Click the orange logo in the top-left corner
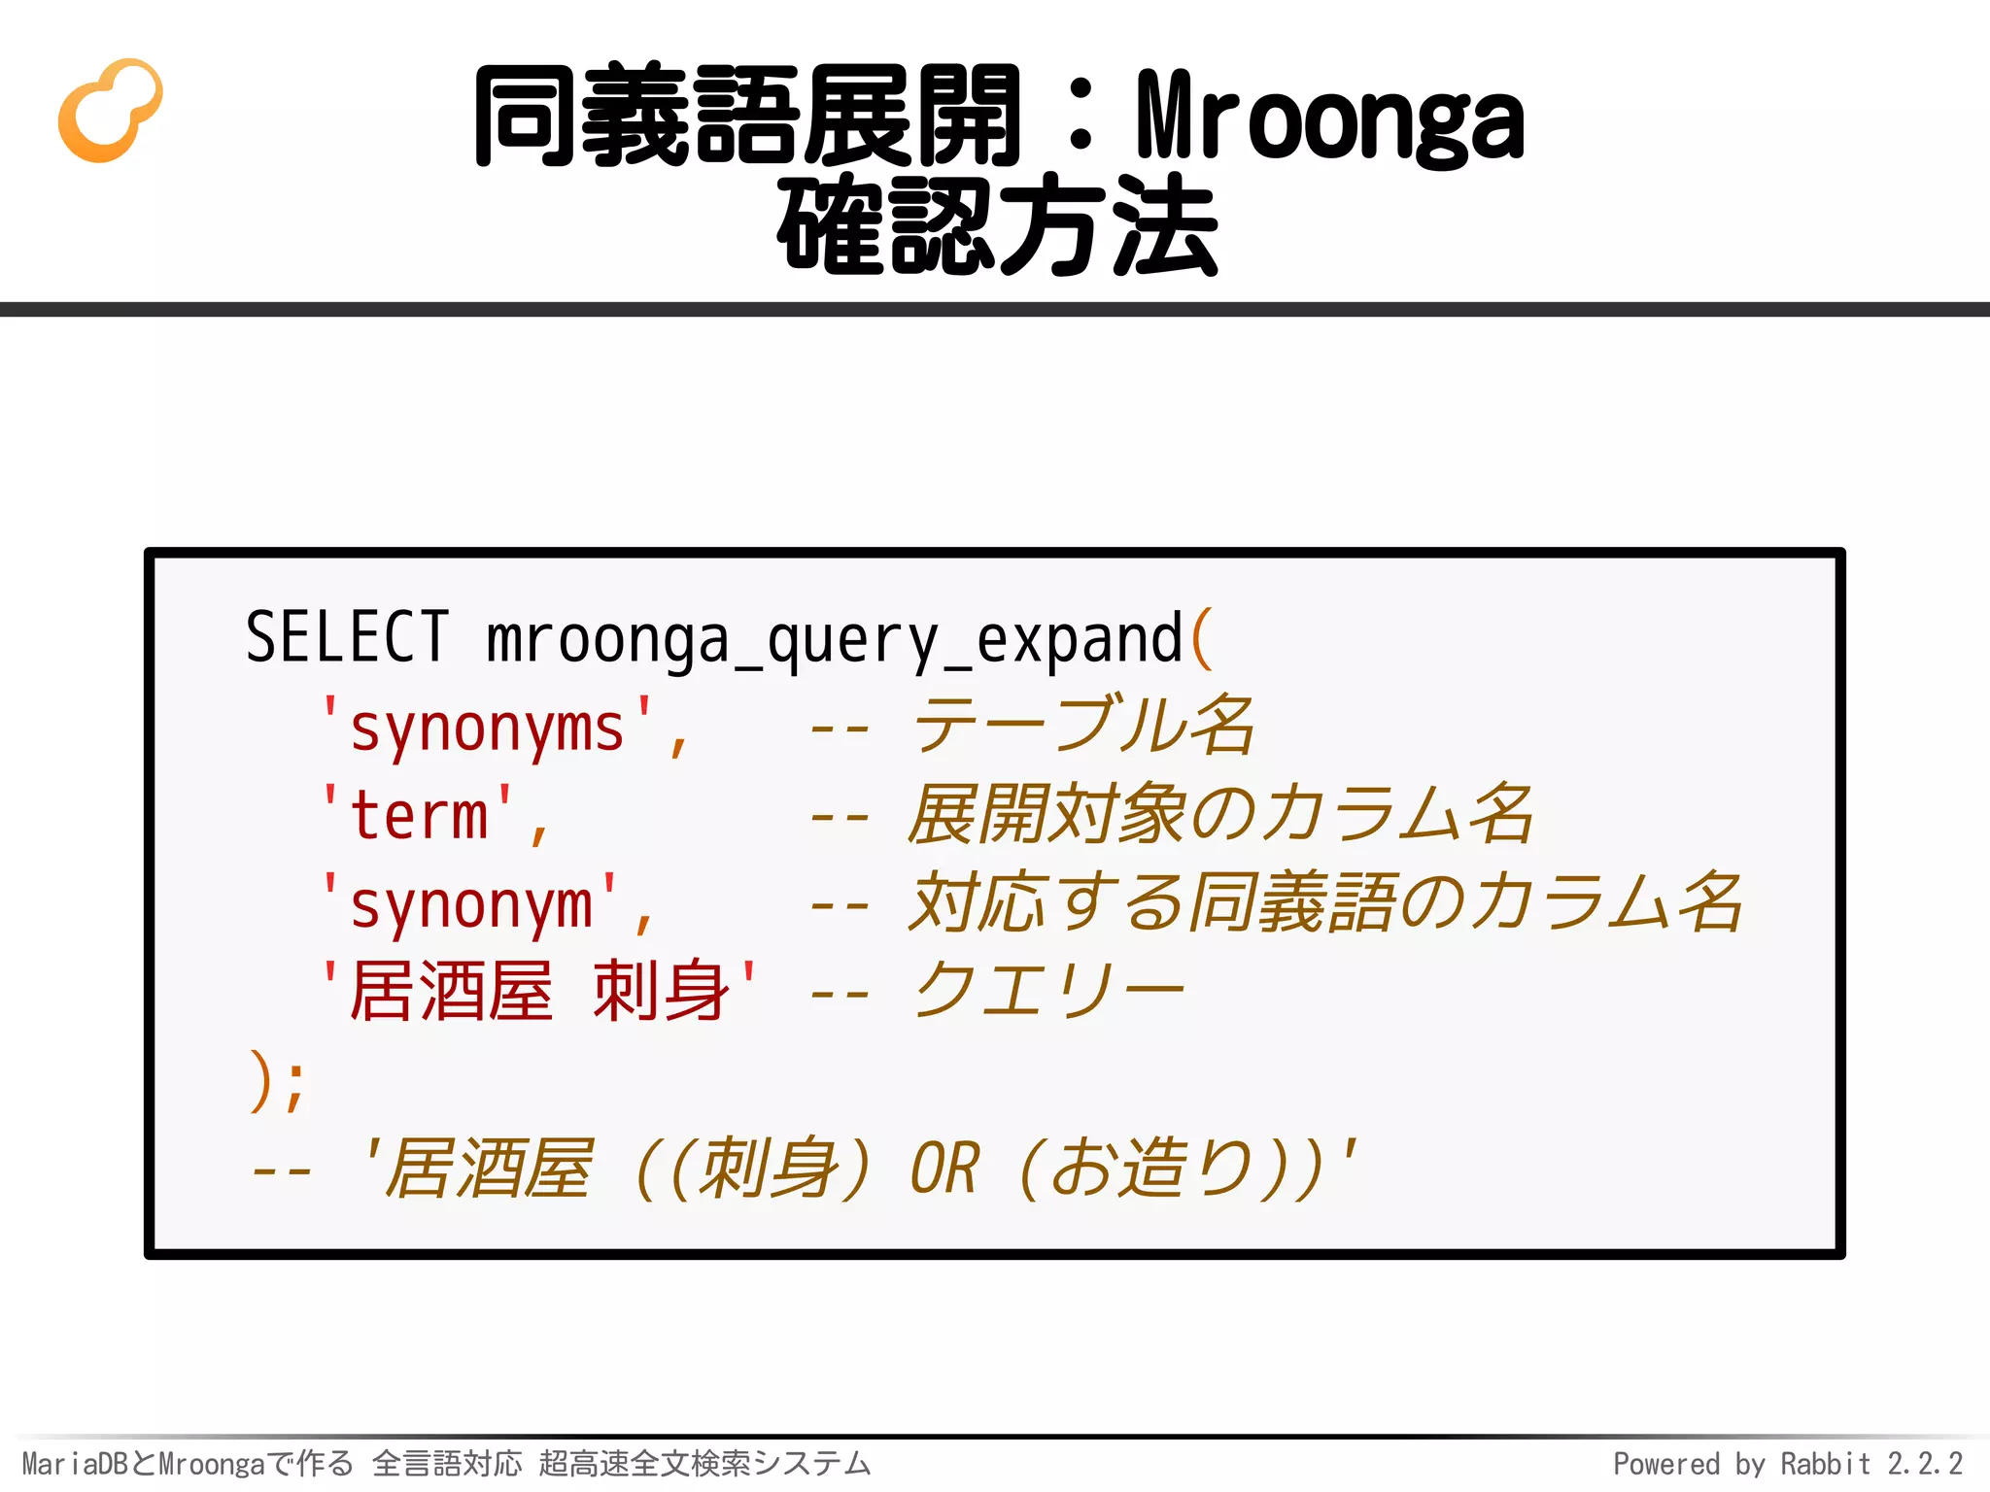[x=109, y=110]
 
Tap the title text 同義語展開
[x=746, y=117]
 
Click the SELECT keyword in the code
[x=347, y=638]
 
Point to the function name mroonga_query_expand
[x=833, y=640]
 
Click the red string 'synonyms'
[x=487, y=728]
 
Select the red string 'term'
[x=419, y=815]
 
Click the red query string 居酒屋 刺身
[x=539, y=992]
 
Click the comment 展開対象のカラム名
[x=1219, y=814]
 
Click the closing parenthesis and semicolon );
[x=277, y=1081]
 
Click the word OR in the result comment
[x=944, y=1169]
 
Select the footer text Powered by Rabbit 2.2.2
[x=1787, y=1463]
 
